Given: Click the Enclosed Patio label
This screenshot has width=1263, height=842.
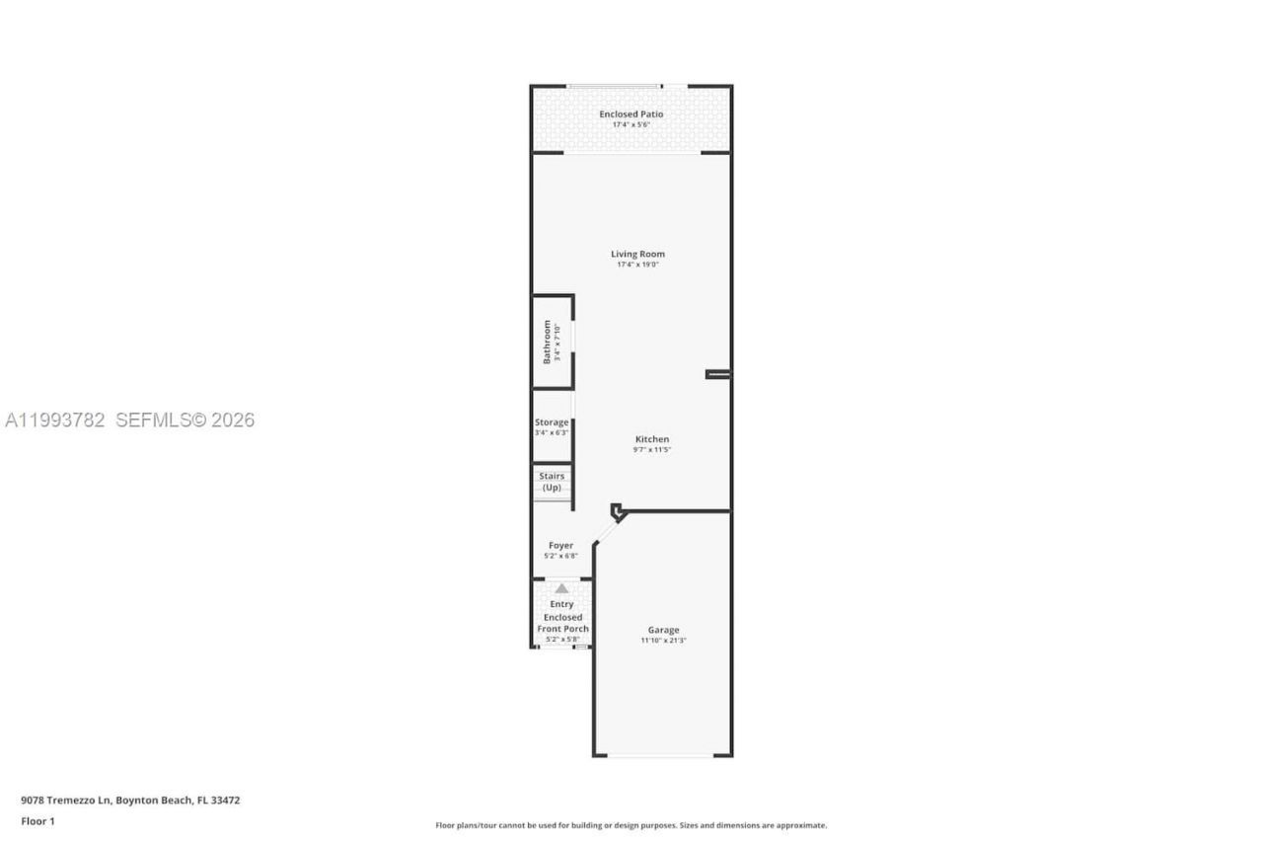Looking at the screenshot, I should [631, 115].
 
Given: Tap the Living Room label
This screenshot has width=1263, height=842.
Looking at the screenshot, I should [637, 254].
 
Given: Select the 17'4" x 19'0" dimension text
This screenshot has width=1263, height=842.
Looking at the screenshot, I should [637, 265].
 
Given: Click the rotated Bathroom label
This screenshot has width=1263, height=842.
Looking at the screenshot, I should [547, 342].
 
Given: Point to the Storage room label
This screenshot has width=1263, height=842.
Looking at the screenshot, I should [552, 422].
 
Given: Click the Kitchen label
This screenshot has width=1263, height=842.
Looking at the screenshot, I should [652, 439].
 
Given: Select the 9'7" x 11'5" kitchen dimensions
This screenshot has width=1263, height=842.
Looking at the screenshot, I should [652, 450].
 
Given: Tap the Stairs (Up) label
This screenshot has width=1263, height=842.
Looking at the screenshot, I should [552, 482].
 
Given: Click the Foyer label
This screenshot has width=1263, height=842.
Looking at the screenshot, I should [560, 545].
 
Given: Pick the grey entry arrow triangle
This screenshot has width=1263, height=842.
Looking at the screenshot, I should [561, 588].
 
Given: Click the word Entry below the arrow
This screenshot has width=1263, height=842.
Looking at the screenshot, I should [561, 604].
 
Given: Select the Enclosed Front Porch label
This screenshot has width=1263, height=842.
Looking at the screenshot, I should [562, 623].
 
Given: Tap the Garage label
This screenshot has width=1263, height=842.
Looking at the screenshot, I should [663, 630].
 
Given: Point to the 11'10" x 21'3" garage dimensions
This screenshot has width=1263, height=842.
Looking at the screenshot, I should [663, 641].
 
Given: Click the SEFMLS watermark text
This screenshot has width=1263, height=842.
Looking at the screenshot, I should [185, 421].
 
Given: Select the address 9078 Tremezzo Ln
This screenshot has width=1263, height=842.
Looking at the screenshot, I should [67, 801].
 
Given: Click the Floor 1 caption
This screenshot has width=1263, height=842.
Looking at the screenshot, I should [37, 821].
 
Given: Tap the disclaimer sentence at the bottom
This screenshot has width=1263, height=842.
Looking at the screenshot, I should [631, 825].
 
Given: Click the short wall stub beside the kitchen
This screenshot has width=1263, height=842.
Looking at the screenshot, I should [718, 374].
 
